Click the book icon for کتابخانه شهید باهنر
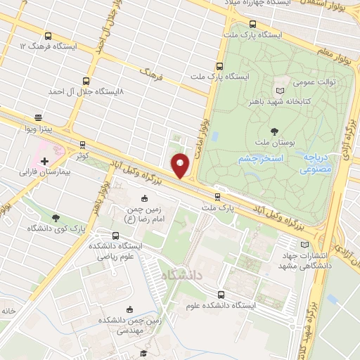coord(281,91)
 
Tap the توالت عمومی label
coord(314,82)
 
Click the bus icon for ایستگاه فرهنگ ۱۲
coord(47,37)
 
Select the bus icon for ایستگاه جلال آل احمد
coord(86,81)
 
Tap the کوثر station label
coord(82,154)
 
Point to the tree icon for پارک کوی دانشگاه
coord(56,218)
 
